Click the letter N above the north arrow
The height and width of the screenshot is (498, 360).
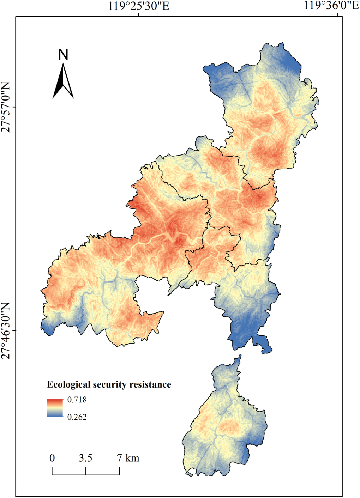click(x=63, y=55)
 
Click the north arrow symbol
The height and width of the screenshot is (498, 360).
click(x=63, y=81)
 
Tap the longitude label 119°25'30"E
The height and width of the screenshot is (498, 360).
click(x=139, y=6)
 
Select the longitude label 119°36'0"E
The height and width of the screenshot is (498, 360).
click(x=331, y=6)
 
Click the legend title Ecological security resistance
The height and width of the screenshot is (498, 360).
click(x=109, y=384)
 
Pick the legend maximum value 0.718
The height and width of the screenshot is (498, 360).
click(x=77, y=400)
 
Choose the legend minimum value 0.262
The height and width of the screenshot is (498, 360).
click(x=77, y=417)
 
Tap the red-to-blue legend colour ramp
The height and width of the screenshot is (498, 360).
click(x=55, y=408)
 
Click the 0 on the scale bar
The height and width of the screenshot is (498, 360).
click(x=52, y=458)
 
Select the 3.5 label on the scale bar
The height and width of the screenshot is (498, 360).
click(x=85, y=458)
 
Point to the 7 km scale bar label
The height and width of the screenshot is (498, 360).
click(x=128, y=458)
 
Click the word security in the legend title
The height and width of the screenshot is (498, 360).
click(x=110, y=384)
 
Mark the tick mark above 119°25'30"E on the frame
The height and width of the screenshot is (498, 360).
click(x=139, y=15)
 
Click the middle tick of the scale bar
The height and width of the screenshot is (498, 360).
click(x=86, y=471)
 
